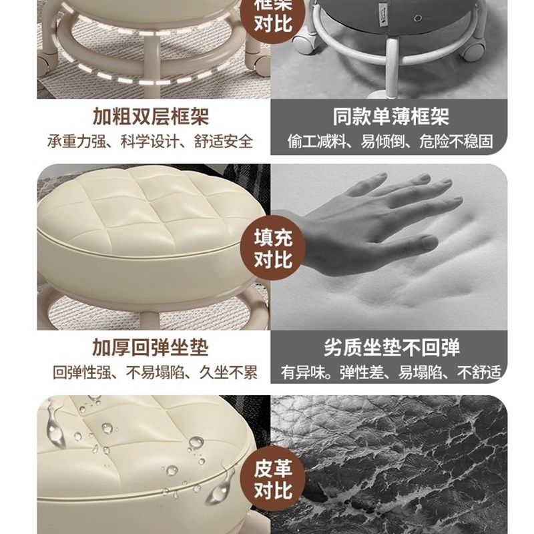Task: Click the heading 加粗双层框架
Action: coord(150,117)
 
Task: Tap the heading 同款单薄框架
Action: coord(390,117)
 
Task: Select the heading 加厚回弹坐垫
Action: coord(150,348)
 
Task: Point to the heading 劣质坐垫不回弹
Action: coord(391,348)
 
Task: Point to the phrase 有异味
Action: coord(298,372)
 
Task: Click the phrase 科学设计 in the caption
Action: coord(151,142)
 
